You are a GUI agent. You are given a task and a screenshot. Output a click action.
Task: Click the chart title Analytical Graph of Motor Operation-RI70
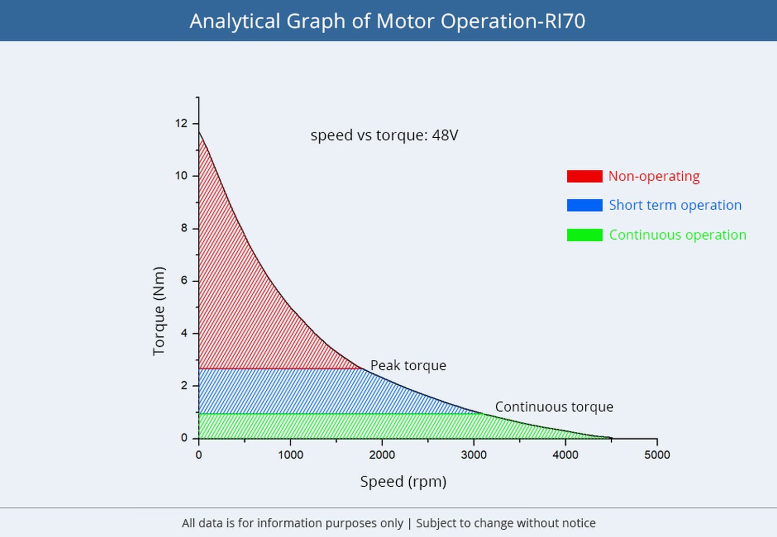387,21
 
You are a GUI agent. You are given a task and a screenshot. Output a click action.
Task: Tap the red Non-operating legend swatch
584,176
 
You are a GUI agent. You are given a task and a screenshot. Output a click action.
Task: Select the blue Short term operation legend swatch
584,205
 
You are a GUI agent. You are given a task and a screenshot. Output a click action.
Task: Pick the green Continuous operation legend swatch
584,235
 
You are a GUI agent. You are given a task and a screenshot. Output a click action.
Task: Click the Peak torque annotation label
408,366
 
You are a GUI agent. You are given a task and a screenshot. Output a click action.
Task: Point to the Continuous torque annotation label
554,407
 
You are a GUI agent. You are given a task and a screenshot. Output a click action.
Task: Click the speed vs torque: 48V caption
384,135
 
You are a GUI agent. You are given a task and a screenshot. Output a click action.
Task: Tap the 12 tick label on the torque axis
181,123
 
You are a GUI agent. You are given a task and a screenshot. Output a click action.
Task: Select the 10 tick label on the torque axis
181,176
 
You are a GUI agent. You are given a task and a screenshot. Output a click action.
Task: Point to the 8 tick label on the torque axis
184,228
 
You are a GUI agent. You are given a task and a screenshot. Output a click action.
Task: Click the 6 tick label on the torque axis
184,281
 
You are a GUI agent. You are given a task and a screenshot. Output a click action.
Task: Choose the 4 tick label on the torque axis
184,333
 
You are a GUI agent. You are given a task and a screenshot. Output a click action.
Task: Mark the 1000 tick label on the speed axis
290,455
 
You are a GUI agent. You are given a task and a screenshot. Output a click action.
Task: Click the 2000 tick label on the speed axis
382,455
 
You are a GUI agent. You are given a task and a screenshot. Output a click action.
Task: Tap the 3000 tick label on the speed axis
473,455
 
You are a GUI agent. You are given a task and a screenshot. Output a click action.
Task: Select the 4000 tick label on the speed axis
566,455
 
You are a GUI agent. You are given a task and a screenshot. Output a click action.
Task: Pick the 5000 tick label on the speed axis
657,455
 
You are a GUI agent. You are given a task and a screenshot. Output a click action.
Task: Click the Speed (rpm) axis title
404,482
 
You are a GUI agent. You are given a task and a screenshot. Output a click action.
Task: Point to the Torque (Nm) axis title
159,311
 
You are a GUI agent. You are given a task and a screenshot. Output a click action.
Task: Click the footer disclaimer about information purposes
388,523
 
